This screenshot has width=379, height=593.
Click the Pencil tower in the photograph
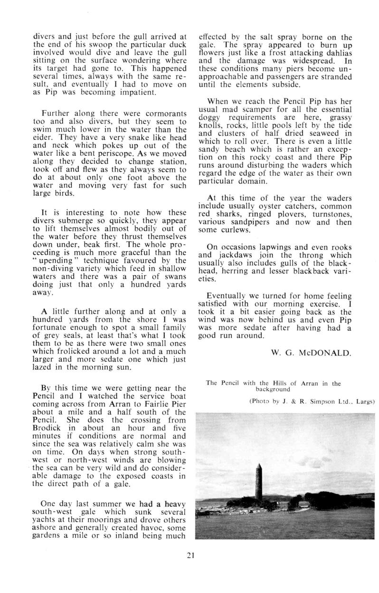pos(259,481)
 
